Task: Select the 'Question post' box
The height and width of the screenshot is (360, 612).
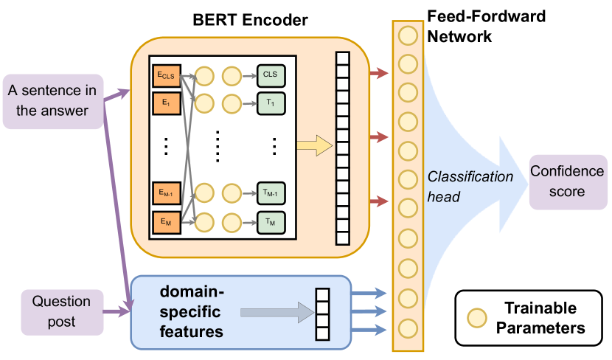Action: [x=60, y=310]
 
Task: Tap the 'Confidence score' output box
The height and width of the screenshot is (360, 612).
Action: [x=566, y=181]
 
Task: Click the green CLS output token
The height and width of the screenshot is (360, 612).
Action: [x=271, y=75]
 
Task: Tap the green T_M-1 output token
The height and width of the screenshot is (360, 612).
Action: [x=271, y=193]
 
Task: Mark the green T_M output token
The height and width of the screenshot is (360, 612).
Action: [x=271, y=220]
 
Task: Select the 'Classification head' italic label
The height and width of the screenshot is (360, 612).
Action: [x=470, y=187]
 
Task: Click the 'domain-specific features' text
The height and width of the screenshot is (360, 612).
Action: [x=193, y=311]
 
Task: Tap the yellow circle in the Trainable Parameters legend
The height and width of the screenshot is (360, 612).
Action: [x=479, y=317]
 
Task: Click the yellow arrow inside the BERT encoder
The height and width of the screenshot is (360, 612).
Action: [x=313, y=146]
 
